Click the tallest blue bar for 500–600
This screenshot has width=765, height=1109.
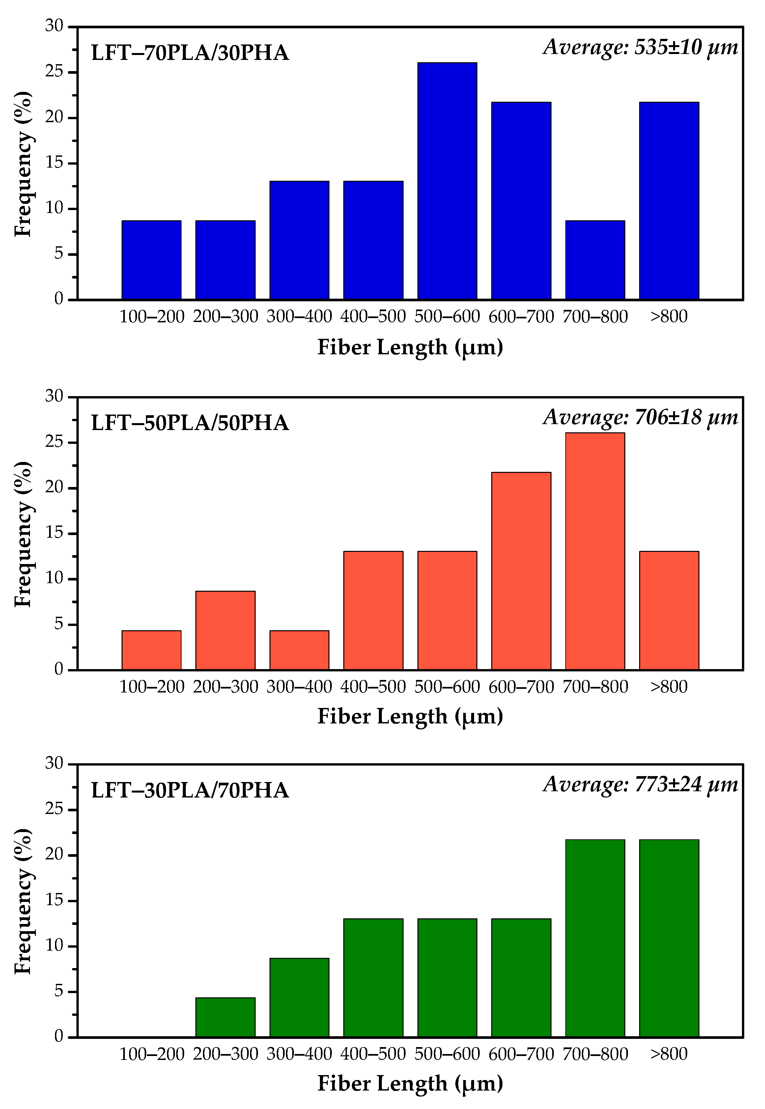[x=447, y=181]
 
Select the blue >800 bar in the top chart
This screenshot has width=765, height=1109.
[x=669, y=201]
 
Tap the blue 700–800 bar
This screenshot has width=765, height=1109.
[x=595, y=260]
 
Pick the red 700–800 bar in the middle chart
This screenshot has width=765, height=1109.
[x=595, y=551]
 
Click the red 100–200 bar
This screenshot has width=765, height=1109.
[x=152, y=650]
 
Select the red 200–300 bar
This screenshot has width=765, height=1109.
[x=225, y=631]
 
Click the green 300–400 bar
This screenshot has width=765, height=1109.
[x=299, y=998]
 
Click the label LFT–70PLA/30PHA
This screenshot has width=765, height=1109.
[x=190, y=53]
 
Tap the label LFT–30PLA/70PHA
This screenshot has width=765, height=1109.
[x=190, y=791]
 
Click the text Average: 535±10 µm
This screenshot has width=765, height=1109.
[x=640, y=47]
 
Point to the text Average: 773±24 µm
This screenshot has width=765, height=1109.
[x=640, y=785]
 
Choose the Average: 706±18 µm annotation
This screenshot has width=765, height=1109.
[x=640, y=417]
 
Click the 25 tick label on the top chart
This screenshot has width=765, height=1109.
[x=54, y=72]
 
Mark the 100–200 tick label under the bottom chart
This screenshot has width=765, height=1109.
[x=152, y=1054]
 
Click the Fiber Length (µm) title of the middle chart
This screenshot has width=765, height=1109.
[x=410, y=716]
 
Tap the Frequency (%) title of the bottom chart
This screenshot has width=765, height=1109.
[x=22, y=901]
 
